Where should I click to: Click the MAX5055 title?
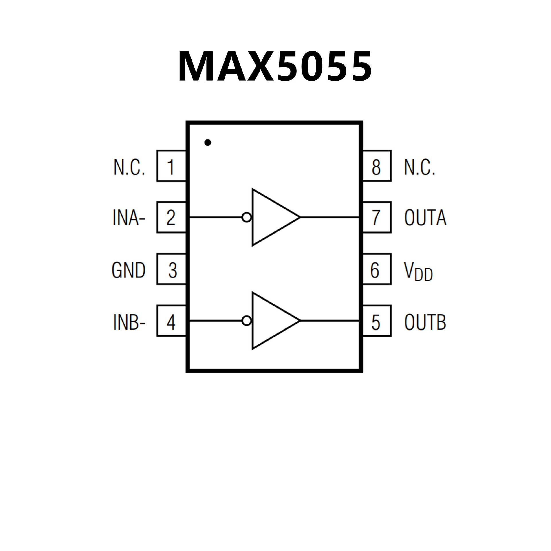[x=275, y=67]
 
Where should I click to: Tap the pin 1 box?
[x=171, y=166]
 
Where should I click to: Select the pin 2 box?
[x=171, y=217]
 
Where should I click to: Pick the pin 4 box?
[x=171, y=321]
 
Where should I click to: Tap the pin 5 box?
[x=377, y=321]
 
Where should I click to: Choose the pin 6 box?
[x=377, y=269]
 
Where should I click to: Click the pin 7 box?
[x=377, y=217]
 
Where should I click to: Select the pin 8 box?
[x=377, y=166]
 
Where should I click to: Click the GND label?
[x=129, y=270]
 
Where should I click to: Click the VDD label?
[x=418, y=271]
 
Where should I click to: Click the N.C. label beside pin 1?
[x=129, y=167]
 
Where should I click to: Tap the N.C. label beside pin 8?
[x=419, y=167]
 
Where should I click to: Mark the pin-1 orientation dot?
[x=208, y=142]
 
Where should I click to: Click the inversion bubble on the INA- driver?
[x=247, y=218]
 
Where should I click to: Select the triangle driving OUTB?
[x=273, y=321]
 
